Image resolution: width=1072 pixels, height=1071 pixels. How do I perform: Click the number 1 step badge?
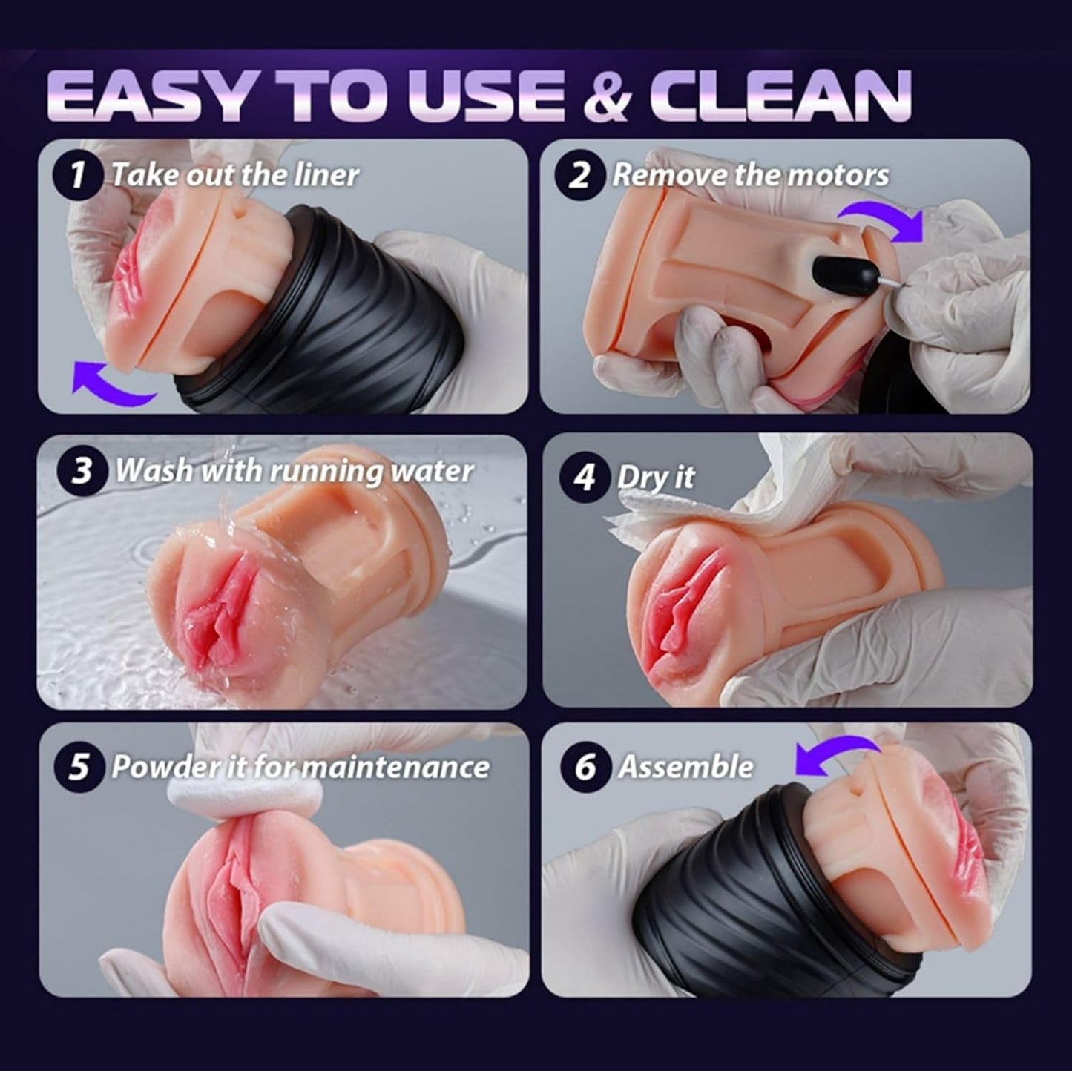click(76, 176)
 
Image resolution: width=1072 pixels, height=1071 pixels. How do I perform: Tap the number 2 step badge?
click(582, 176)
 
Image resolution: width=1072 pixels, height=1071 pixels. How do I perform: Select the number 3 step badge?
click(81, 471)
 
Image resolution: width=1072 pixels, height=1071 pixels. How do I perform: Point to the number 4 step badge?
click(585, 477)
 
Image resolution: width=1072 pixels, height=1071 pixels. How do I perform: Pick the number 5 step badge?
click(79, 767)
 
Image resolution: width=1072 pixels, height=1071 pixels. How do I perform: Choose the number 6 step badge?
click(585, 767)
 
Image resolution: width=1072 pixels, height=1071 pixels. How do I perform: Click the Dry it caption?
click(655, 477)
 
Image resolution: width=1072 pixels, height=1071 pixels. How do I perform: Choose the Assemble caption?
click(685, 767)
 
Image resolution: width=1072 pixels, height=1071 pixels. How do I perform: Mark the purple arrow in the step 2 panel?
click(881, 219)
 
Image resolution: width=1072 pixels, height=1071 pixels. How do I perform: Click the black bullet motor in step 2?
click(835, 273)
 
